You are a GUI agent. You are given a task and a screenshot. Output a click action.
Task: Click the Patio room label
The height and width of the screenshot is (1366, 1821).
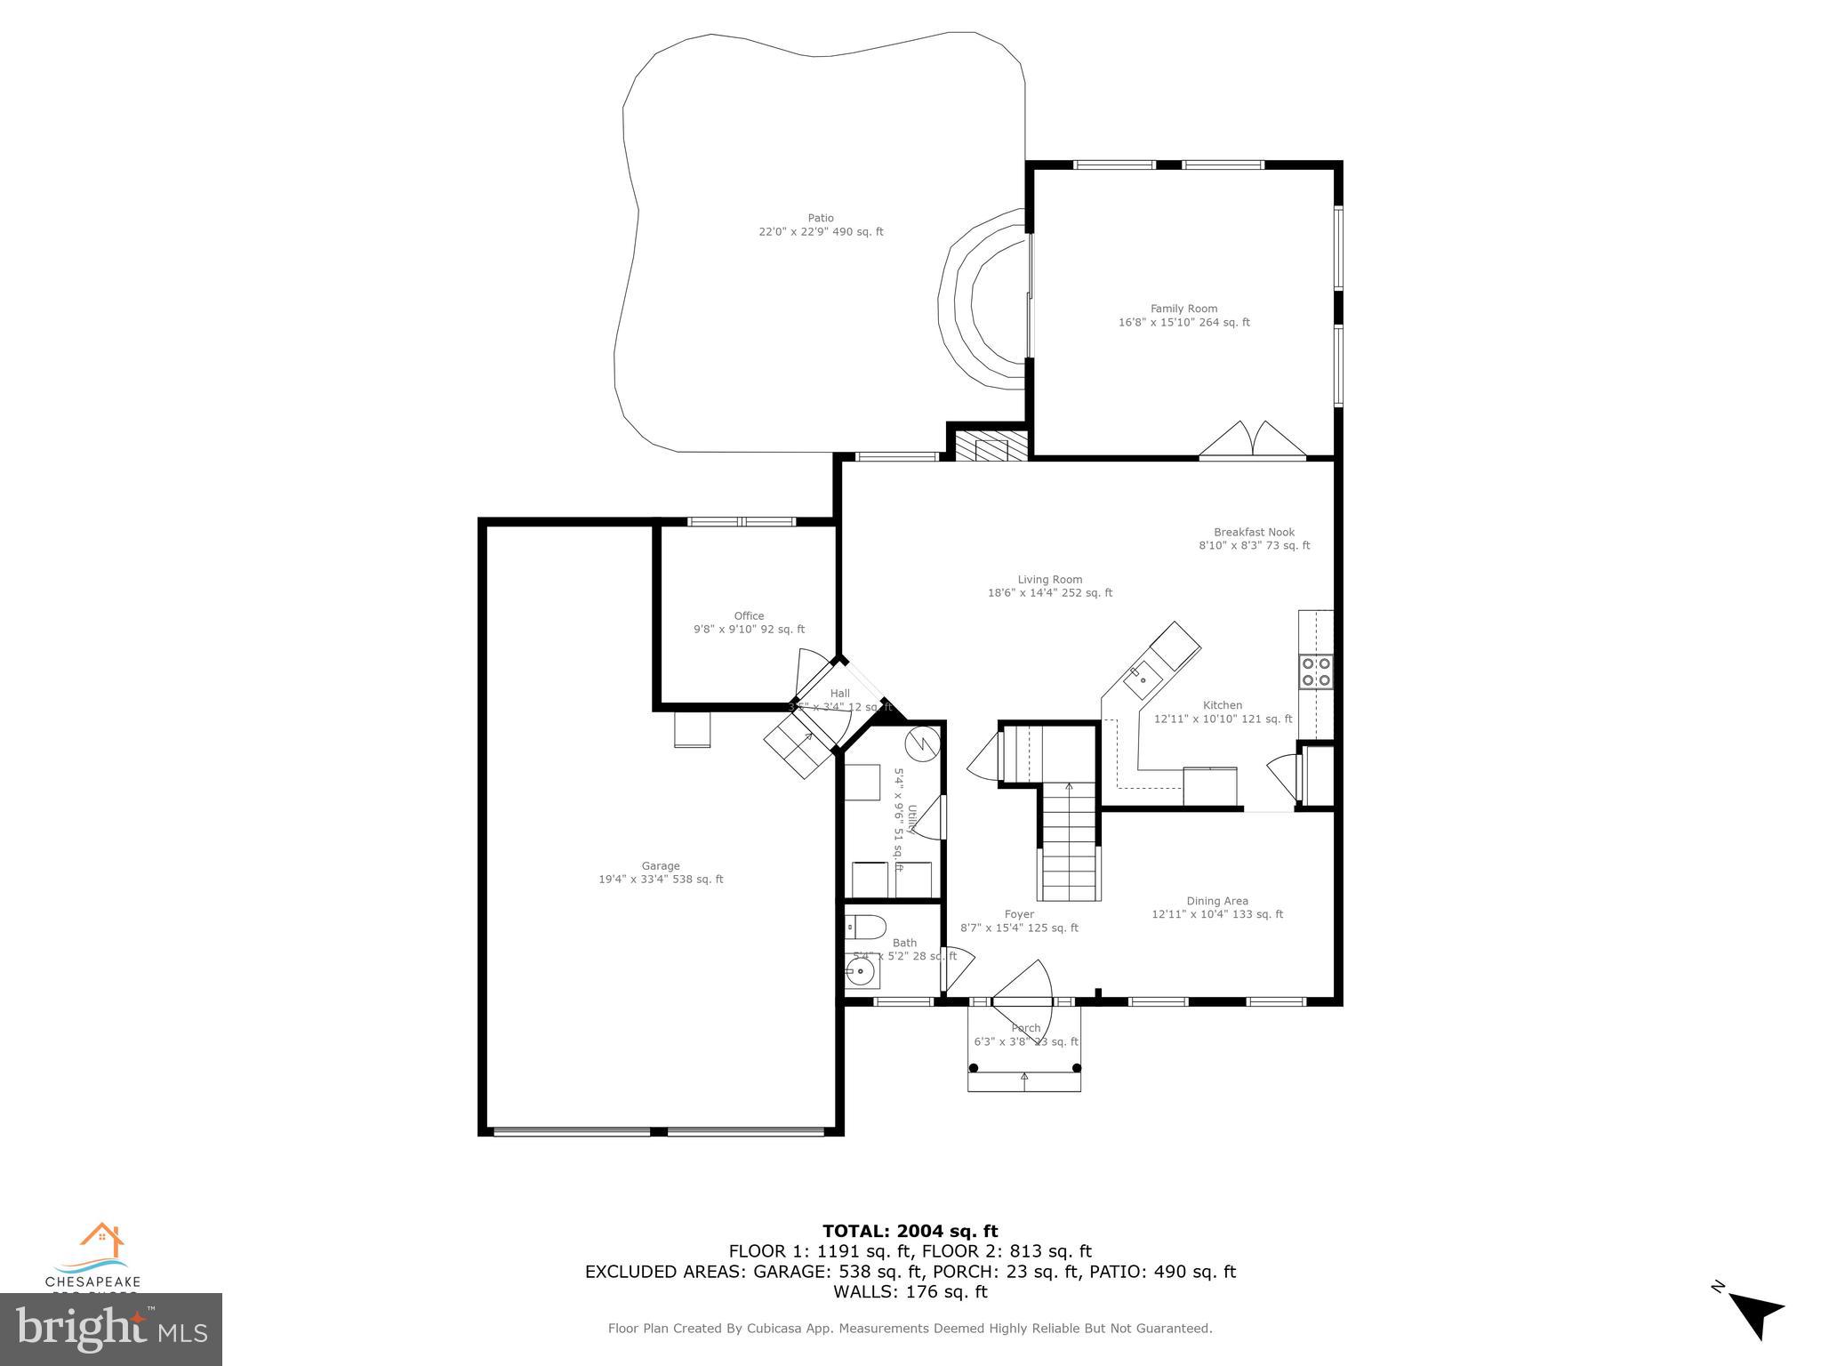[821, 225]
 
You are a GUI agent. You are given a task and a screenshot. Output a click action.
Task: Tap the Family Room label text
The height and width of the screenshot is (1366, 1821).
[1183, 316]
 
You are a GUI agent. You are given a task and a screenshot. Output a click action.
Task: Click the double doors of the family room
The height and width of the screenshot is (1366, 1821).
[1253, 441]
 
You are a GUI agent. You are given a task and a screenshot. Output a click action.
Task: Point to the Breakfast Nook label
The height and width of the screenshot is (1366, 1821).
[1254, 539]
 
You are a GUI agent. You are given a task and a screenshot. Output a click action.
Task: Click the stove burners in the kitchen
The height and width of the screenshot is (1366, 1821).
[1316, 671]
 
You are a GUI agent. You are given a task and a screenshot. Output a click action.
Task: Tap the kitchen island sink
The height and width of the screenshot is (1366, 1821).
[1142, 680]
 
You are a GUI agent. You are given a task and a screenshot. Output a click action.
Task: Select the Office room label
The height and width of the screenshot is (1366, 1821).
[749, 623]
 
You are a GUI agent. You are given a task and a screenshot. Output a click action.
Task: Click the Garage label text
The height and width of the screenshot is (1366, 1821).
[661, 872]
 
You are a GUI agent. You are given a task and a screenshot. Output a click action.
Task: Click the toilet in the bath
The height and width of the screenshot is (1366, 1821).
[864, 928]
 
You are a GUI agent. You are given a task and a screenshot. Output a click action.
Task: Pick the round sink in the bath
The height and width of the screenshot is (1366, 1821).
[861, 972]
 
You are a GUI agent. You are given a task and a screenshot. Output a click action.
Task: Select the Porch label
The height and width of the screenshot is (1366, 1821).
[1025, 1035]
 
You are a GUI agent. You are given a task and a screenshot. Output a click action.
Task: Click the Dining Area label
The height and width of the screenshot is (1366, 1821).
[1216, 907]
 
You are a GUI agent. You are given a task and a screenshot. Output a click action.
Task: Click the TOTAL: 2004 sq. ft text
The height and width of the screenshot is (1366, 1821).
[910, 1232]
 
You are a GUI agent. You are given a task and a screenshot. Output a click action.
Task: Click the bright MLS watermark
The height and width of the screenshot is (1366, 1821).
[111, 1330]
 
